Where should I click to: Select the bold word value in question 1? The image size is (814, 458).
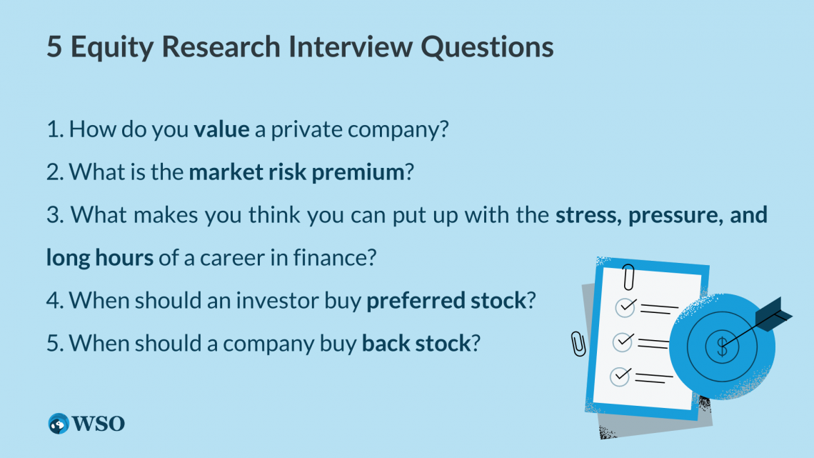[x=221, y=130]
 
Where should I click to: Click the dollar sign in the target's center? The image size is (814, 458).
[x=723, y=347]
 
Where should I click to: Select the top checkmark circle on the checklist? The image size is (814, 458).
[x=626, y=307]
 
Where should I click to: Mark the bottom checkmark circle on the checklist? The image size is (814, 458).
[x=620, y=376]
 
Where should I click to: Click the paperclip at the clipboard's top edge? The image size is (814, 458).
[x=629, y=276]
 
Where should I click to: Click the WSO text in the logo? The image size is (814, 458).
[x=97, y=423]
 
